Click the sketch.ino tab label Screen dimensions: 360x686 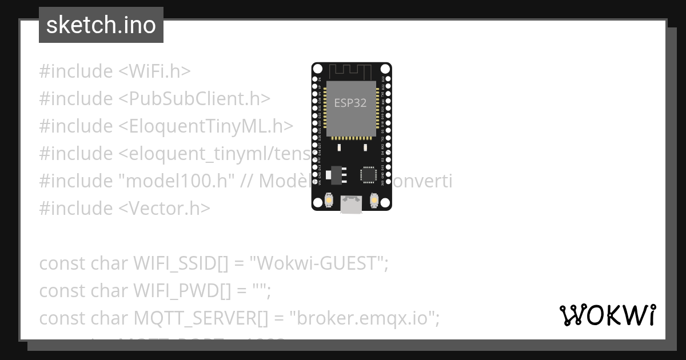click(x=101, y=25)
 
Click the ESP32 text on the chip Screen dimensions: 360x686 click(x=350, y=103)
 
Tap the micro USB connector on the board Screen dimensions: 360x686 click(x=351, y=205)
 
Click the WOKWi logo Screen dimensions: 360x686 click(x=607, y=315)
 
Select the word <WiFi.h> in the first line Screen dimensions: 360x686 click(x=154, y=71)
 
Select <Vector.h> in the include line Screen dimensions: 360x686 click(x=165, y=209)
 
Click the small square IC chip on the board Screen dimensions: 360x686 click(x=368, y=175)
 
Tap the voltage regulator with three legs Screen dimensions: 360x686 click(x=338, y=173)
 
